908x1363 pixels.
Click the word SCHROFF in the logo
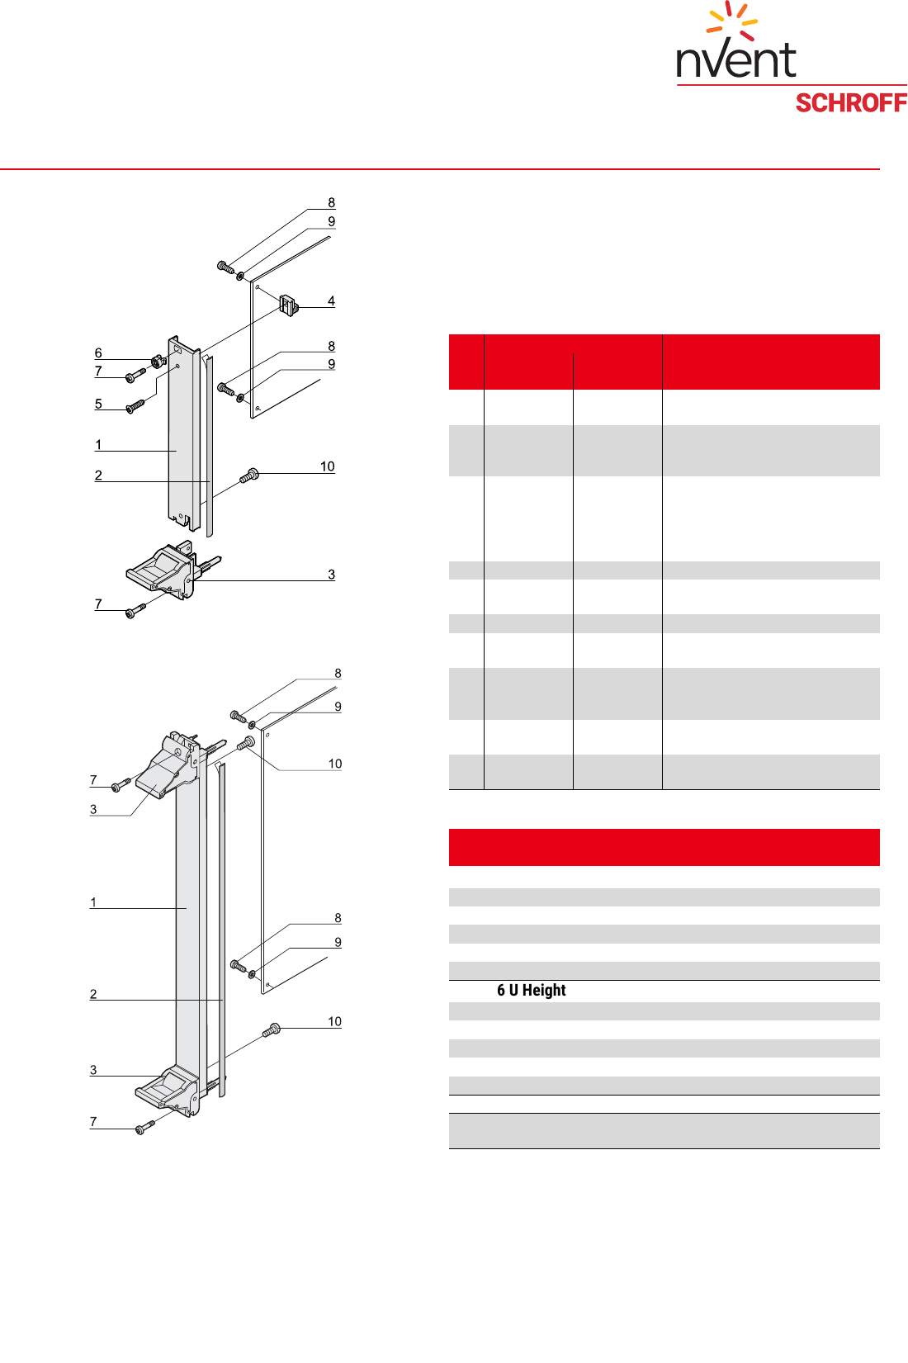point(851,103)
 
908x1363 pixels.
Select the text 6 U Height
point(531,991)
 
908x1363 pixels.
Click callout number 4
point(331,301)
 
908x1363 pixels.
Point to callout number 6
point(98,353)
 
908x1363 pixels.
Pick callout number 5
point(98,405)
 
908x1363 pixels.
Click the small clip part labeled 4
point(288,305)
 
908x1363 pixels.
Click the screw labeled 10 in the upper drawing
point(249,476)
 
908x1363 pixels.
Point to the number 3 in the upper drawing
point(331,575)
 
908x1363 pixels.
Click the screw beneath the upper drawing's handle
point(135,611)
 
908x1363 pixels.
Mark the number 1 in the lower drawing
point(93,902)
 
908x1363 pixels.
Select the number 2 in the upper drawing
point(98,476)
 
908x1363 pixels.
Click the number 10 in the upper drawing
point(327,467)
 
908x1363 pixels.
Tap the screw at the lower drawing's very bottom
point(145,1126)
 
